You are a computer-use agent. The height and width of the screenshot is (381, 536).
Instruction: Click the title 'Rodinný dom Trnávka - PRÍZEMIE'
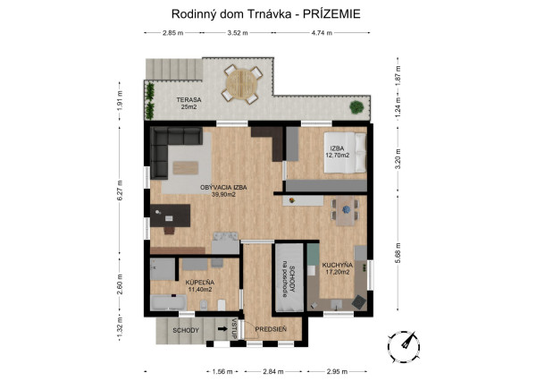click(x=267, y=14)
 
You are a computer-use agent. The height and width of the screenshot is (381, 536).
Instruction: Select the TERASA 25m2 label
click(x=188, y=104)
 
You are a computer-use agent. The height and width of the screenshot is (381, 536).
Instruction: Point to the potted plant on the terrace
click(x=356, y=107)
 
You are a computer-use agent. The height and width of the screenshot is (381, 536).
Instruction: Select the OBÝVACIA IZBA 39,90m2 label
click(x=223, y=190)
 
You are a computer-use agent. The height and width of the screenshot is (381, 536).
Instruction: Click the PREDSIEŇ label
click(x=270, y=329)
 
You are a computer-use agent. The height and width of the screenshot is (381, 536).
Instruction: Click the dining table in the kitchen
click(x=345, y=211)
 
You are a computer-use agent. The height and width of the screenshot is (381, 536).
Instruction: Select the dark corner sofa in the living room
click(x=170, y=148)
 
